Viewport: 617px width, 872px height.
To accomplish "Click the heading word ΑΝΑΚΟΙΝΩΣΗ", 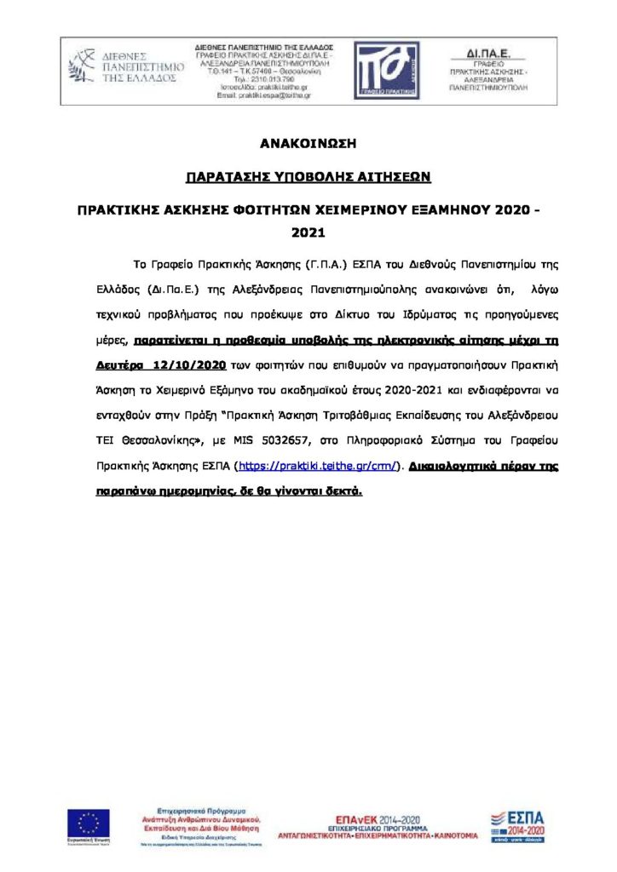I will tap(308, 142).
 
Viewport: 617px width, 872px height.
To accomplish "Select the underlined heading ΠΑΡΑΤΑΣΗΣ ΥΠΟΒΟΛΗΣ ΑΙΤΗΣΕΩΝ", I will tap(308, 176).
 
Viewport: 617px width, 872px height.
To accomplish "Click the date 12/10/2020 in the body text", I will tap(186, 365).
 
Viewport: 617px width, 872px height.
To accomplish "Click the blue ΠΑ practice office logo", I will tap(386, 70).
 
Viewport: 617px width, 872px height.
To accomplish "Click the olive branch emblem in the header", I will tap(83, 66).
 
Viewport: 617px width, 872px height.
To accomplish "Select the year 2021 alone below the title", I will tap(308, 231).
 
